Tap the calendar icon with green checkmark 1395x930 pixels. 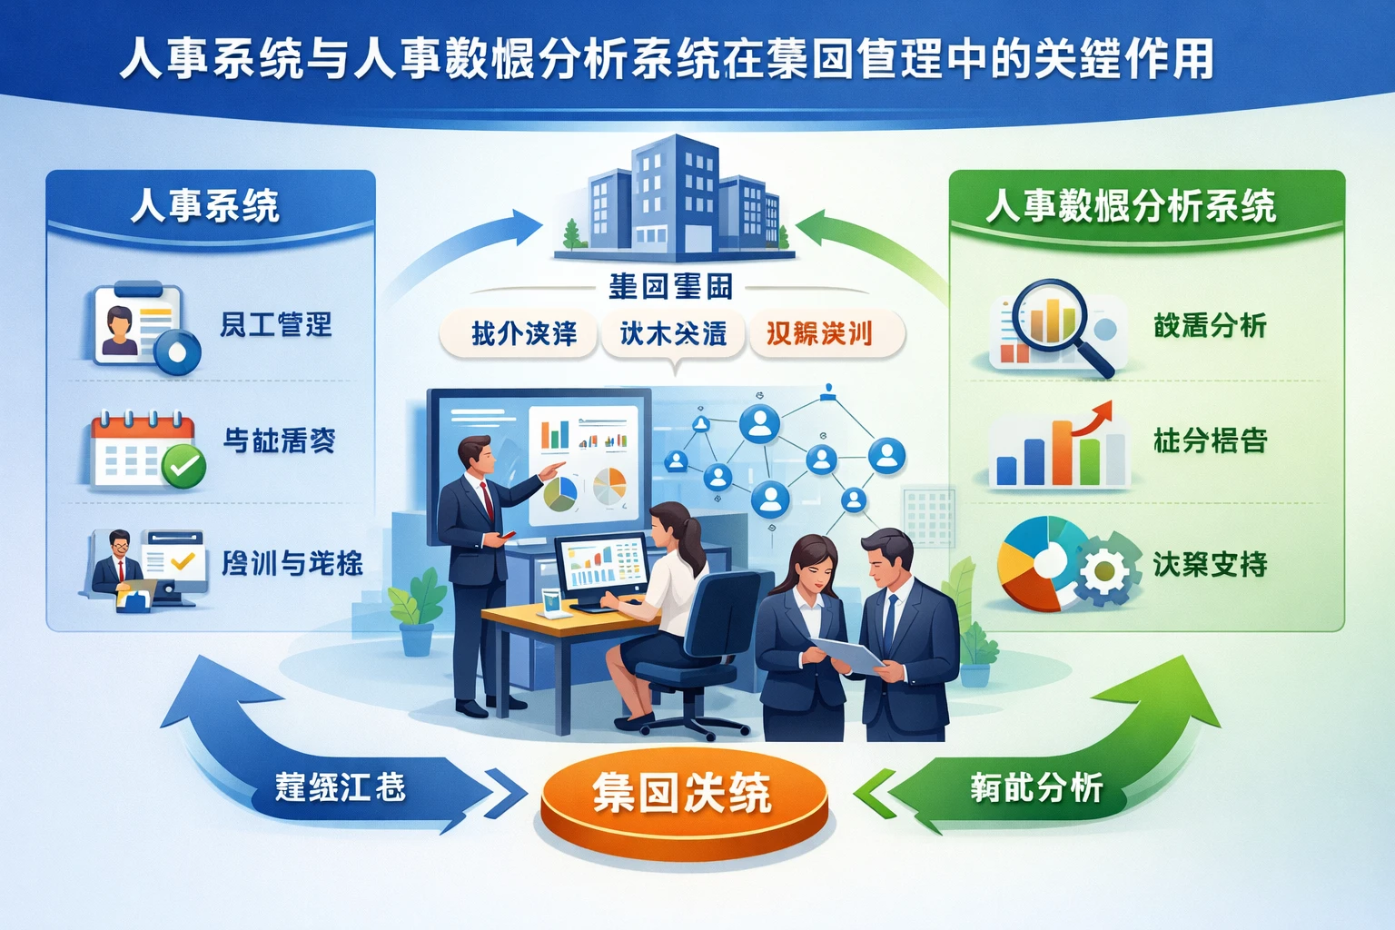(145, 450)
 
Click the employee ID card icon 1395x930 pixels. (141, 325)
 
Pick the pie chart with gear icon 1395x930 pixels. (1067, 563)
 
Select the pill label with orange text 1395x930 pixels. (819, 333)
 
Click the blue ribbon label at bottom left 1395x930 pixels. (341, 787)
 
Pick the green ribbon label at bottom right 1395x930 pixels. (1035, 787)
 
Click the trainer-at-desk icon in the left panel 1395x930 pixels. (145, 569)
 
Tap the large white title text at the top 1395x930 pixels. (668, 59)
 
